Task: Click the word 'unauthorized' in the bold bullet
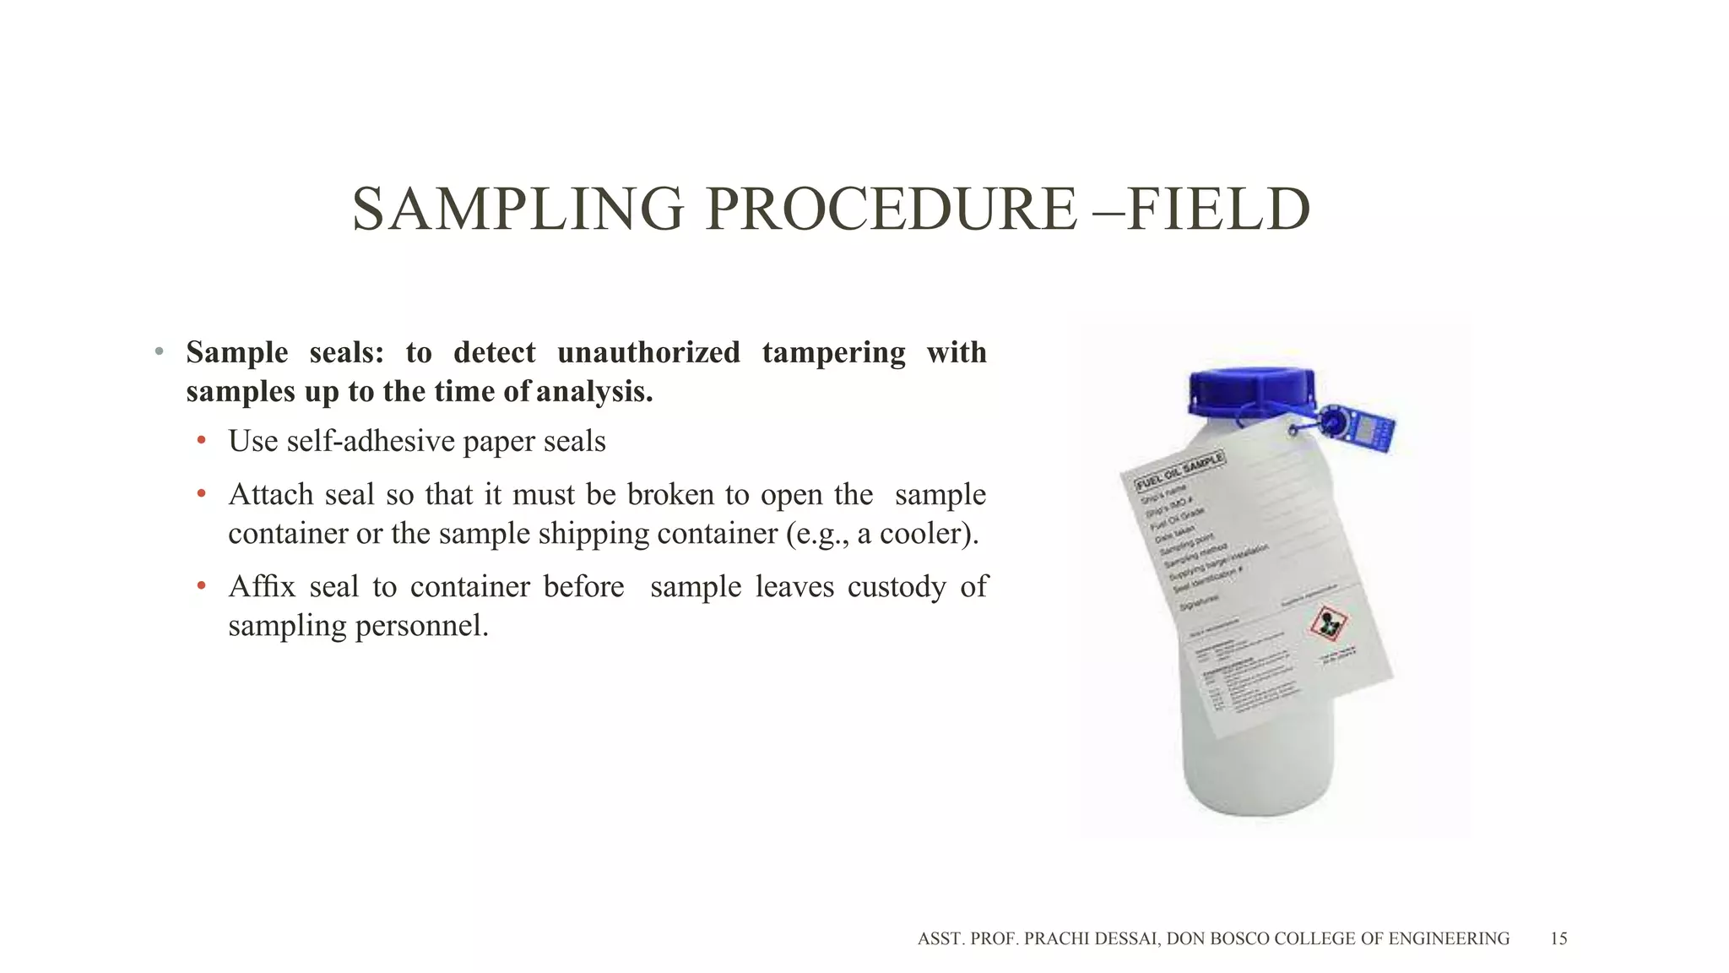[x=648, y=352]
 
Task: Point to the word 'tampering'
[x=833, y=352]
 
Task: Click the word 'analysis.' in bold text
[x=594, y=392]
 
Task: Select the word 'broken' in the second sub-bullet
[x=670, y=494]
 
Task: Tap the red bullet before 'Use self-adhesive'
[x=201, y=441]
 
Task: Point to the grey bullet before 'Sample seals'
[x=159, y=352]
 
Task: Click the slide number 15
[x=1558, y=938]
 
